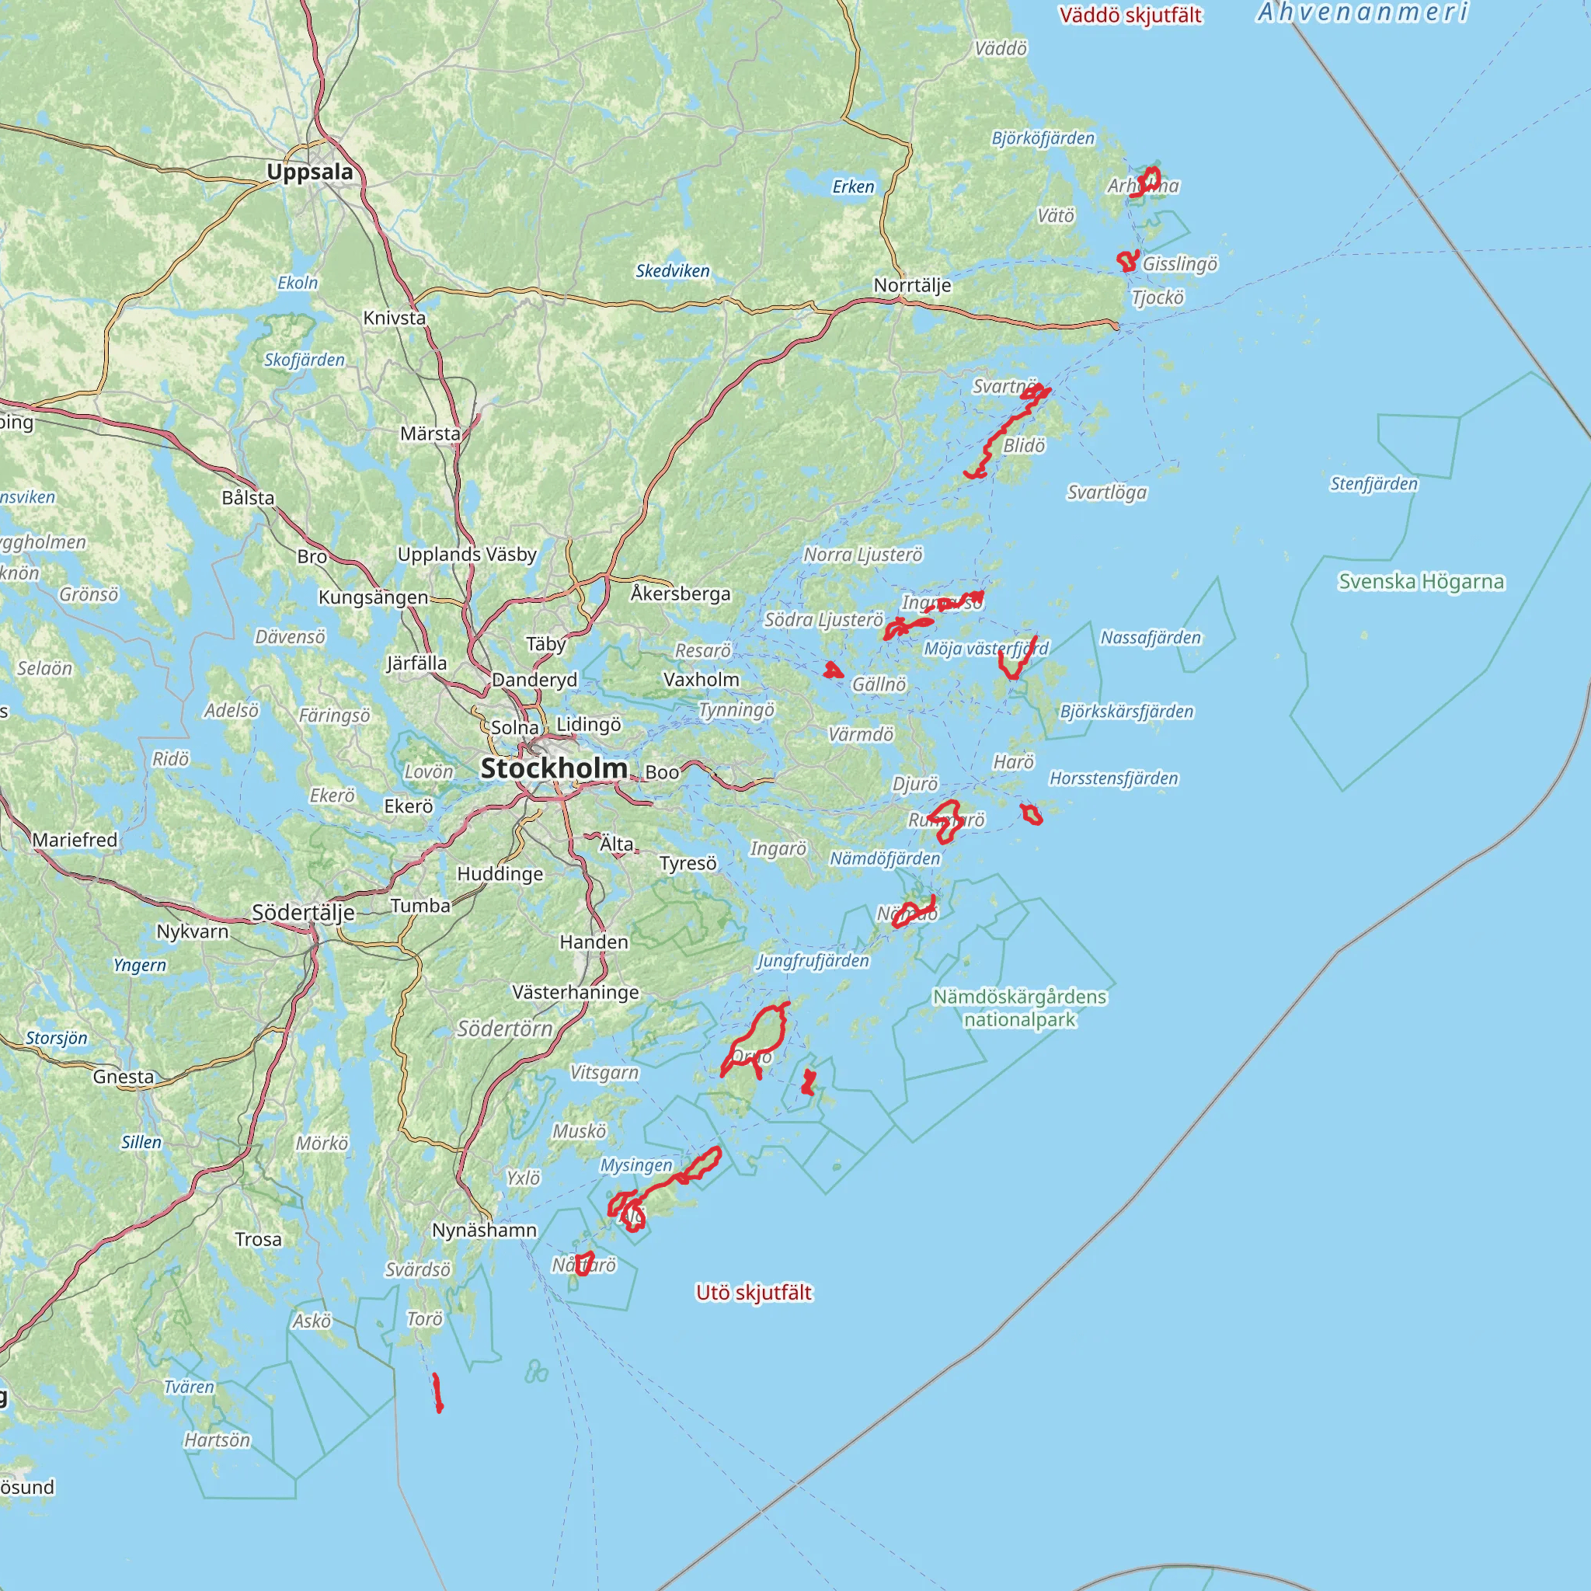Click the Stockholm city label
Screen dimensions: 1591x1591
[553, 768]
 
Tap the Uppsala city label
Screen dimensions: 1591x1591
[310, 172]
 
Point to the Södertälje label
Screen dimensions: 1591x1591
[303, 913]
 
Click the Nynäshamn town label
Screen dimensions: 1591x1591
[484, 1231]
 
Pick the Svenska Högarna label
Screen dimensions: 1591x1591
[1421, 582]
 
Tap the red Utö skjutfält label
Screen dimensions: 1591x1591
[754, 1293]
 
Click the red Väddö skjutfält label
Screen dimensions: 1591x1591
[1130, 16]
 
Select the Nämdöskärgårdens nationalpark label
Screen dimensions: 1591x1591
[1019, 1008]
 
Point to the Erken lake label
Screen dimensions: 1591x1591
[853, 187]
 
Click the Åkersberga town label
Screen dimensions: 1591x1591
[681, 594]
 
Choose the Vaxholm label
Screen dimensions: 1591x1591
[702, 680]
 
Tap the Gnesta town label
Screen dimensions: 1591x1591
[124, 1077]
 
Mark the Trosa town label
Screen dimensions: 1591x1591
[258, 1239]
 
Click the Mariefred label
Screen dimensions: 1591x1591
[75, 840]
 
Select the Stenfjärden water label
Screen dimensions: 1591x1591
[1373, 483]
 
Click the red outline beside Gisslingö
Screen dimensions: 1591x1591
[1127, 261]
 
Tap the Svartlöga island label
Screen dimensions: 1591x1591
[1107, 493]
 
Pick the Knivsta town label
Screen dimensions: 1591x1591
[395, 318]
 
